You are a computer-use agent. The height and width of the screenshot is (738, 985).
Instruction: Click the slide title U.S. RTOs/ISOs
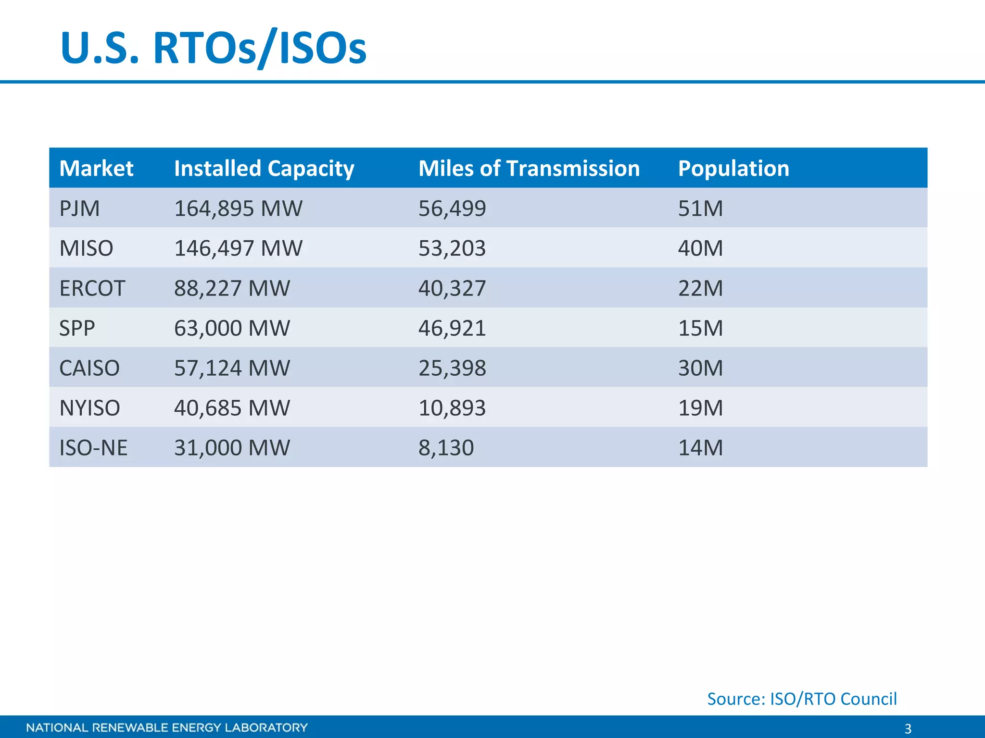(213, 48)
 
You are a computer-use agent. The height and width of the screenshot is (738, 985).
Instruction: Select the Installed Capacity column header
(264, 169)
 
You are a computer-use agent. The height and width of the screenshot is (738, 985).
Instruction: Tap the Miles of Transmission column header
(529, 169)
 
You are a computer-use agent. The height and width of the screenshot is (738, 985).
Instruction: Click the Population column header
(733, 169)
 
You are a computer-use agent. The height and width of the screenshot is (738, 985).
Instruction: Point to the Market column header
(96, 169)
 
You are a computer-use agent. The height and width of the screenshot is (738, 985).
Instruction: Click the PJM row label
(79, 209)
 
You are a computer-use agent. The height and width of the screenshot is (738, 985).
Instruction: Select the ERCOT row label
(92, 288)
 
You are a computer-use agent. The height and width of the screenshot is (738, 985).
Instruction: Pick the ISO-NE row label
(93, 448)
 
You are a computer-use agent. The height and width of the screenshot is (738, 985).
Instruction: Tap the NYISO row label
(89, 408)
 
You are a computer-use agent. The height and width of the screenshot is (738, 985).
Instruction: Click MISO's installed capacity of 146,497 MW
(238, 248)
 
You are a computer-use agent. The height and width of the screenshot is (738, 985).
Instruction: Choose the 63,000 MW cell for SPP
(232, 328)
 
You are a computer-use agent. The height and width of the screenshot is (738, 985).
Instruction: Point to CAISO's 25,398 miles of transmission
(452, 368)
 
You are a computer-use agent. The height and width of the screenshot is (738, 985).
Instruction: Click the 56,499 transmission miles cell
(452, 209)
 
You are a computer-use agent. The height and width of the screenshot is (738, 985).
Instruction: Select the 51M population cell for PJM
(700, 209)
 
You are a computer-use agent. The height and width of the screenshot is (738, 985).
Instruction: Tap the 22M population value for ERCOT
(700, 288)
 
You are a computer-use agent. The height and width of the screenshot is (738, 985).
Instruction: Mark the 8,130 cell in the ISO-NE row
(446, 448)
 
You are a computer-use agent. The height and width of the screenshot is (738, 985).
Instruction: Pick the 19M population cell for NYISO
(700, 408)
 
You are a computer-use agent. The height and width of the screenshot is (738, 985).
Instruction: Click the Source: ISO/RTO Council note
(802, 699)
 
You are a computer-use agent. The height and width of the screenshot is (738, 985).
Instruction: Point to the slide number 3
(908, 728)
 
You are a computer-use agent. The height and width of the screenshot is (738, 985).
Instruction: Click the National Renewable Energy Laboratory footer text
(167, 727)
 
